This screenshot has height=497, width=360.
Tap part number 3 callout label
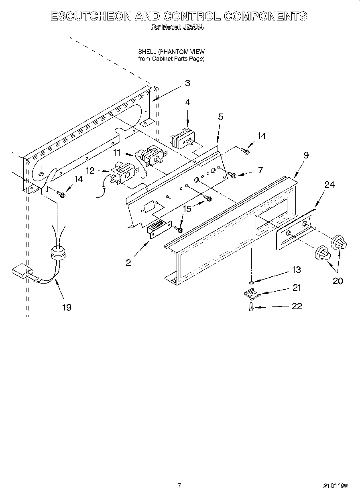click(x=187, y=83)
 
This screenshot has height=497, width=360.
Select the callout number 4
click(x=187, y=102)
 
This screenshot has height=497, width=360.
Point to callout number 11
click(x=116, y=152)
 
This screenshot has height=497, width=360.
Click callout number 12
click(x=90, y=170)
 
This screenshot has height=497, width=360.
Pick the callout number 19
click(x=67, y=307)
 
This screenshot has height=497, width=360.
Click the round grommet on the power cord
click(x=57, y=253)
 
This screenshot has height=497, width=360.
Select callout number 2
click(x=128, y=263)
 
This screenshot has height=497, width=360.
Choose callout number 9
click(x=306, y=155)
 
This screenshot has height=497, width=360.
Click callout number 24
click(x=329, y=185)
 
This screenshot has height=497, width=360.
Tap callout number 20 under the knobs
click(x=338, y=281)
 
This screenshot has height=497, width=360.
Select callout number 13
click(x=296, y=270)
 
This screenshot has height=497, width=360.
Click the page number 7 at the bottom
click(x=179, y=485)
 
